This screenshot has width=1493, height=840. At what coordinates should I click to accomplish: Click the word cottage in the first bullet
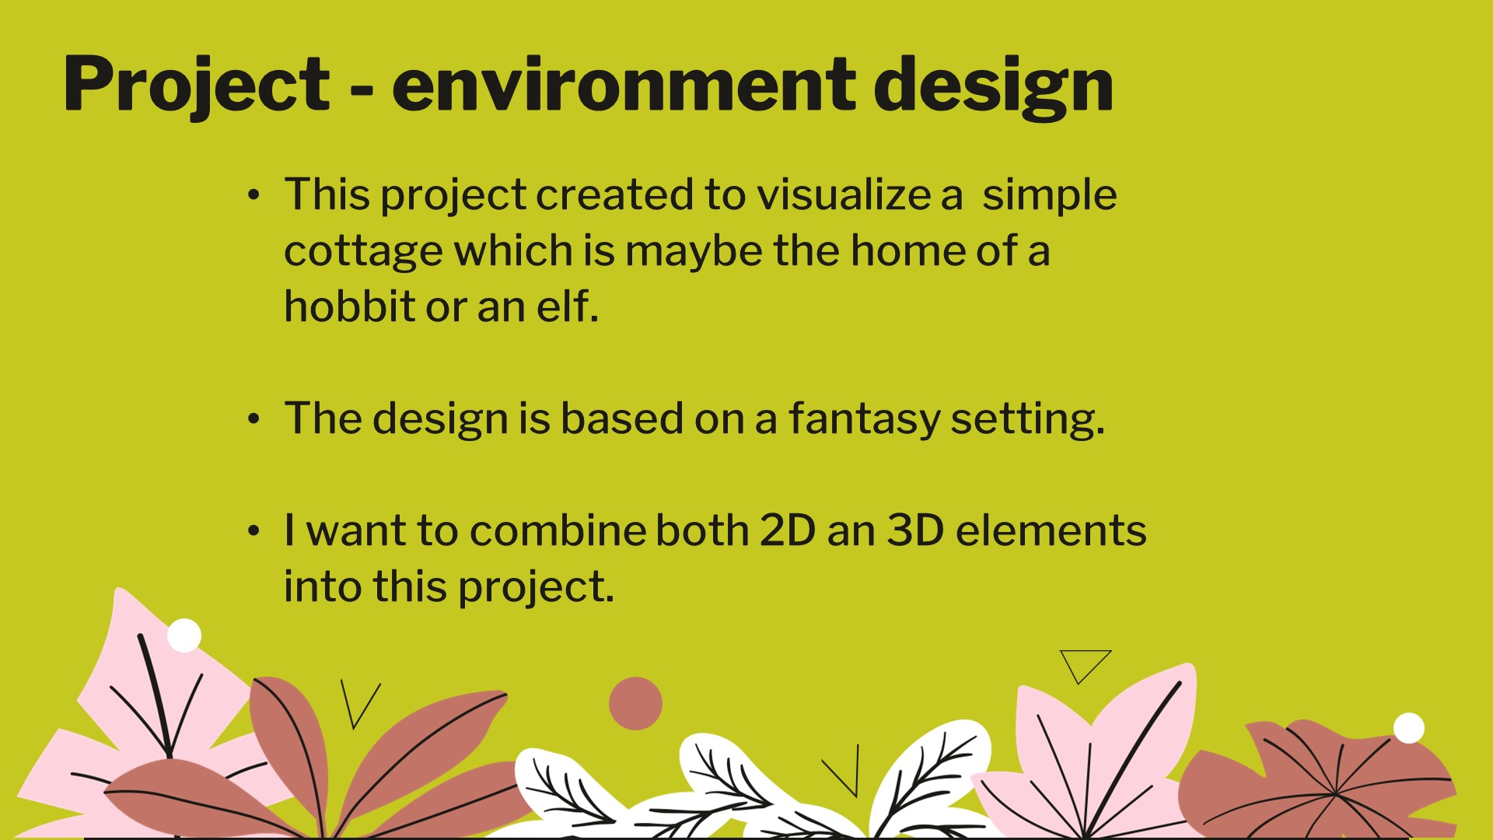[x=363, y=250]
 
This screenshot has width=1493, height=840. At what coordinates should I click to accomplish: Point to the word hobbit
[x=350, y=306]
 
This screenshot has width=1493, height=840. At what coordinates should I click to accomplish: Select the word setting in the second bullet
[x=1027, y=420]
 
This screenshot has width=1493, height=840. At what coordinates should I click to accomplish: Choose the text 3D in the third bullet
[x=915, y=530]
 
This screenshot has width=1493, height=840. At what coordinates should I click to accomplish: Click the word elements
[x=1051, y=530]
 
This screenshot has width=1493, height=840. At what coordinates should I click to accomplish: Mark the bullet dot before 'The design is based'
[x=253, y=420]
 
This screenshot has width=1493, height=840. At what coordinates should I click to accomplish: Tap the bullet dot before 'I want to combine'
[x=253, y=532]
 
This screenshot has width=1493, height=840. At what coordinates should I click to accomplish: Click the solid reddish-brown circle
[x=635, y=703]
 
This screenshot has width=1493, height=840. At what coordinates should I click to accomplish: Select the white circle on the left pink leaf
[x=184, y=635]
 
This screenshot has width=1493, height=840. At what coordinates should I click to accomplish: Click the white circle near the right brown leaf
[x=1408, y=728]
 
